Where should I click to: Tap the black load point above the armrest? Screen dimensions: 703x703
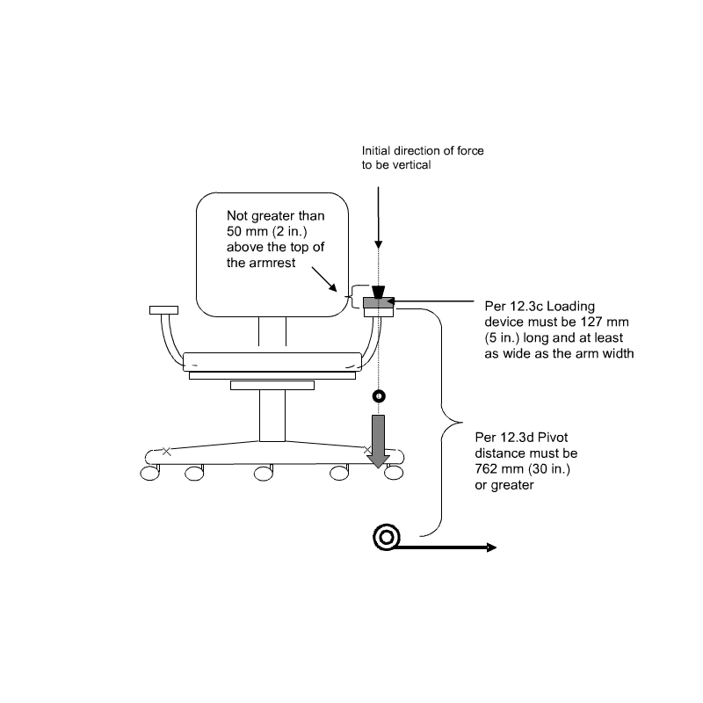point(379,293)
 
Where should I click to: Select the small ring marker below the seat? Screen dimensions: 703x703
point(379,396)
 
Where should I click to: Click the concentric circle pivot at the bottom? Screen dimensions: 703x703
point(387,537)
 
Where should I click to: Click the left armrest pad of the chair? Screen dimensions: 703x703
point(163,310)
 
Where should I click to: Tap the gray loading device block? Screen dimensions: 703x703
point(379,303)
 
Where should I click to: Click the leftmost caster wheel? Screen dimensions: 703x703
point(149,473)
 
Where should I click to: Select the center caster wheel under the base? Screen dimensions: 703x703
point(263,474)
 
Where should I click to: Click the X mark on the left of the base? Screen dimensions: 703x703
point(166,452)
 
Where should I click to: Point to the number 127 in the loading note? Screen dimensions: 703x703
point(591,322)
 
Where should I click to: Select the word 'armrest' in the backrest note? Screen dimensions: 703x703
point(273,263)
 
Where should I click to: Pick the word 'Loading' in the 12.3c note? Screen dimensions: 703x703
point(570,307)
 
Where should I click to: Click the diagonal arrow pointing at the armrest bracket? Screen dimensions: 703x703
point(324,279)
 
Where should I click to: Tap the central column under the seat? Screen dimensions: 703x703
point(272,416)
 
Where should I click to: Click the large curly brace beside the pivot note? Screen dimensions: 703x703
point(442,423)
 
